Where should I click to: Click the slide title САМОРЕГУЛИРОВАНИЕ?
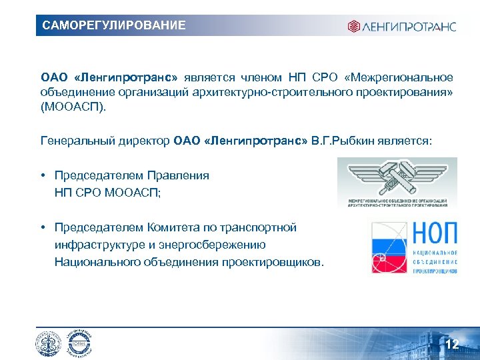tap(114, 26)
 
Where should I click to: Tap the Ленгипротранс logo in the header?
tap(401, 27)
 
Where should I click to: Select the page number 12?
tap(452, 345)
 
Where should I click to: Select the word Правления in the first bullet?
tap(177, 176)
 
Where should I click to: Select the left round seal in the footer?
tap(49, 344)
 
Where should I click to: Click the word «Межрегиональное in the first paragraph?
tap(405, 77)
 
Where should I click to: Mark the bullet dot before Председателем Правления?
tap(43, 176)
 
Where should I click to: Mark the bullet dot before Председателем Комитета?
tap(43, 228)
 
